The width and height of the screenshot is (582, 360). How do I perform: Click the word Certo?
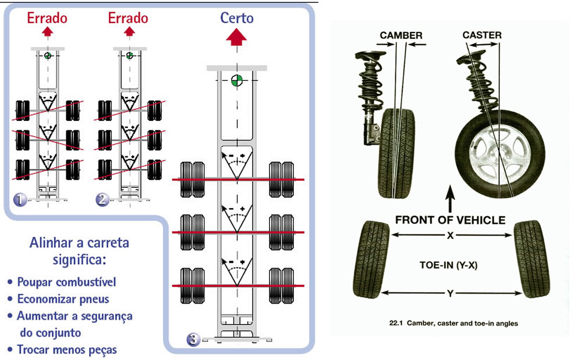[237, 17]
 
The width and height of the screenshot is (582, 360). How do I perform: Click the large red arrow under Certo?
[237, 39]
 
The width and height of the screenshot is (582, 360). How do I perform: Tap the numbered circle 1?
[20, 200]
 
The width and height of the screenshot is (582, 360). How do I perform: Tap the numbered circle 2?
[102, 200]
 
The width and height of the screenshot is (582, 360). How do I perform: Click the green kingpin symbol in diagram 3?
[237, 80]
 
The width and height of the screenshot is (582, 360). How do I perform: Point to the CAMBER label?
[401, 35]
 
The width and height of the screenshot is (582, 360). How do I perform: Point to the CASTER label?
[482, 35]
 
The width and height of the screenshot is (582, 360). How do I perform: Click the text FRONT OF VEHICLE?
[450, 220]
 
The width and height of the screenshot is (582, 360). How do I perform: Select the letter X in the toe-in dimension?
[450, 235]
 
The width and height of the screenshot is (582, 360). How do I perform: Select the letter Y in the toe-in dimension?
[449, 294]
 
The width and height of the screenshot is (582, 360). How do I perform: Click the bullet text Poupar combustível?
[66, 282]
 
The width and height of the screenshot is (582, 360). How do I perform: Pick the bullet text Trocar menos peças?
[66, 350]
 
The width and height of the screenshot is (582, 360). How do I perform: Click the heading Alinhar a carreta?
[79, 242]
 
